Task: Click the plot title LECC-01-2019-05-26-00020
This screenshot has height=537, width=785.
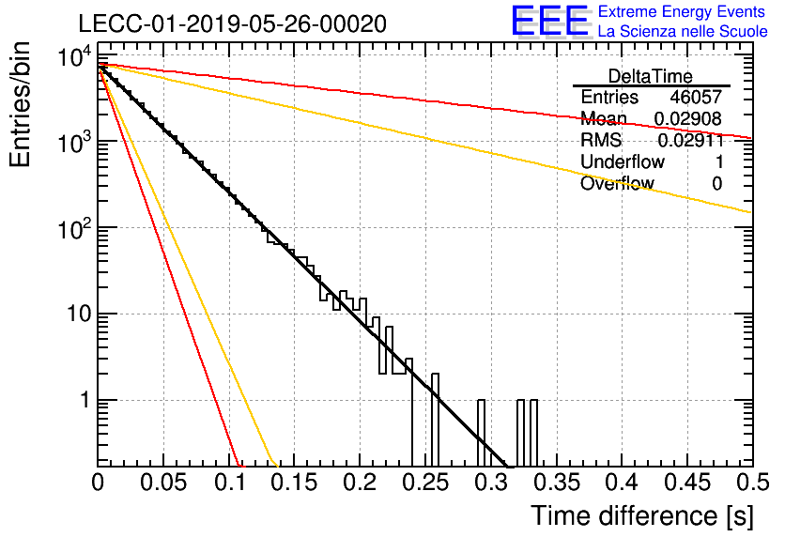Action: (232, 23)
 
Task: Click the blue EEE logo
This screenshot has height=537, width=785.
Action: (550, 21)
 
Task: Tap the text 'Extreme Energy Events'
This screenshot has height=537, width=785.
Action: (682, 11)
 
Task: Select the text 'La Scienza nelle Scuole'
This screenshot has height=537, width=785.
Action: (683, 31)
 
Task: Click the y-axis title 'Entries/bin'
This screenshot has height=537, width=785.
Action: (21, 104)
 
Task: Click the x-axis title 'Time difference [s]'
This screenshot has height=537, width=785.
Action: (642, 515)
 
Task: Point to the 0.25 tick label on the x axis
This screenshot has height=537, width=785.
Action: (425, 483)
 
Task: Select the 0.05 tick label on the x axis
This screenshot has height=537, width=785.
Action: (163, 483)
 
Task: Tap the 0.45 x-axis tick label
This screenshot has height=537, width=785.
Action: (687, 483)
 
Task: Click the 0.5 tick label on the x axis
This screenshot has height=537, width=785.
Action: (753, 483)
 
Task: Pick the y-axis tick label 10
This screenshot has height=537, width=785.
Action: (79, 315)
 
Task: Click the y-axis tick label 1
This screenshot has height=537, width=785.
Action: (85, 400)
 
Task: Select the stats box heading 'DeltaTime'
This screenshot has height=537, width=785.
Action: (651, 76)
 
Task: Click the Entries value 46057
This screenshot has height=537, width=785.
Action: (696, 97)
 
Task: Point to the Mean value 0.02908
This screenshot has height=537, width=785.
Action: (688, 118)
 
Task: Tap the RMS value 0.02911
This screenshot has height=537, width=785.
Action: (691, 140)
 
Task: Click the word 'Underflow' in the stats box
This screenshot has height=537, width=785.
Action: (623, 161)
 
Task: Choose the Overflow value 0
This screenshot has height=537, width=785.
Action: (716, 184)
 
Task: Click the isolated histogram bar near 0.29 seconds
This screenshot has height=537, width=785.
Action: (481, 433)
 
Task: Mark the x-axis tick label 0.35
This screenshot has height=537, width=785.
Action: (556, 483)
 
